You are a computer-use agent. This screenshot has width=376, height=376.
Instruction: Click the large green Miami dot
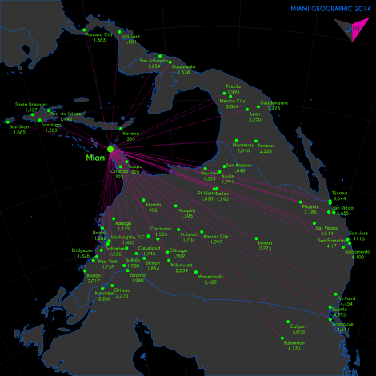coord(111,147)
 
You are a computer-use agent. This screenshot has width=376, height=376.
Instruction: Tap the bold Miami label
coord(96,158)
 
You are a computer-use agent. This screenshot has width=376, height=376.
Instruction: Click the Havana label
coord(131,133)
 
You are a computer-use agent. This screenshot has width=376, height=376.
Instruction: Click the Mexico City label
coord(232,101)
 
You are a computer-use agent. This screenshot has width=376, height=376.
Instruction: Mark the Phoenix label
coord(311,206)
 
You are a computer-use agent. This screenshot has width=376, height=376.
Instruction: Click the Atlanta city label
coord(153,205)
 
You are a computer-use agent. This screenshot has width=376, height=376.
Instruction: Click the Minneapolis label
coord(210,276)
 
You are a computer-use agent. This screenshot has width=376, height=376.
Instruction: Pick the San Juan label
coord(19,126)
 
